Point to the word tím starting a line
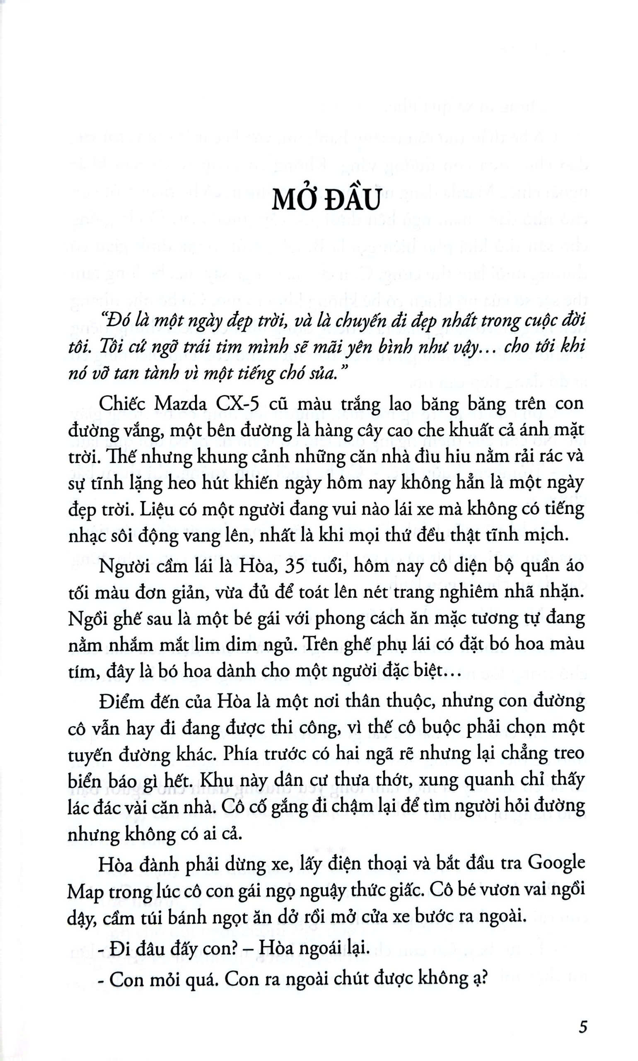[79, 671]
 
